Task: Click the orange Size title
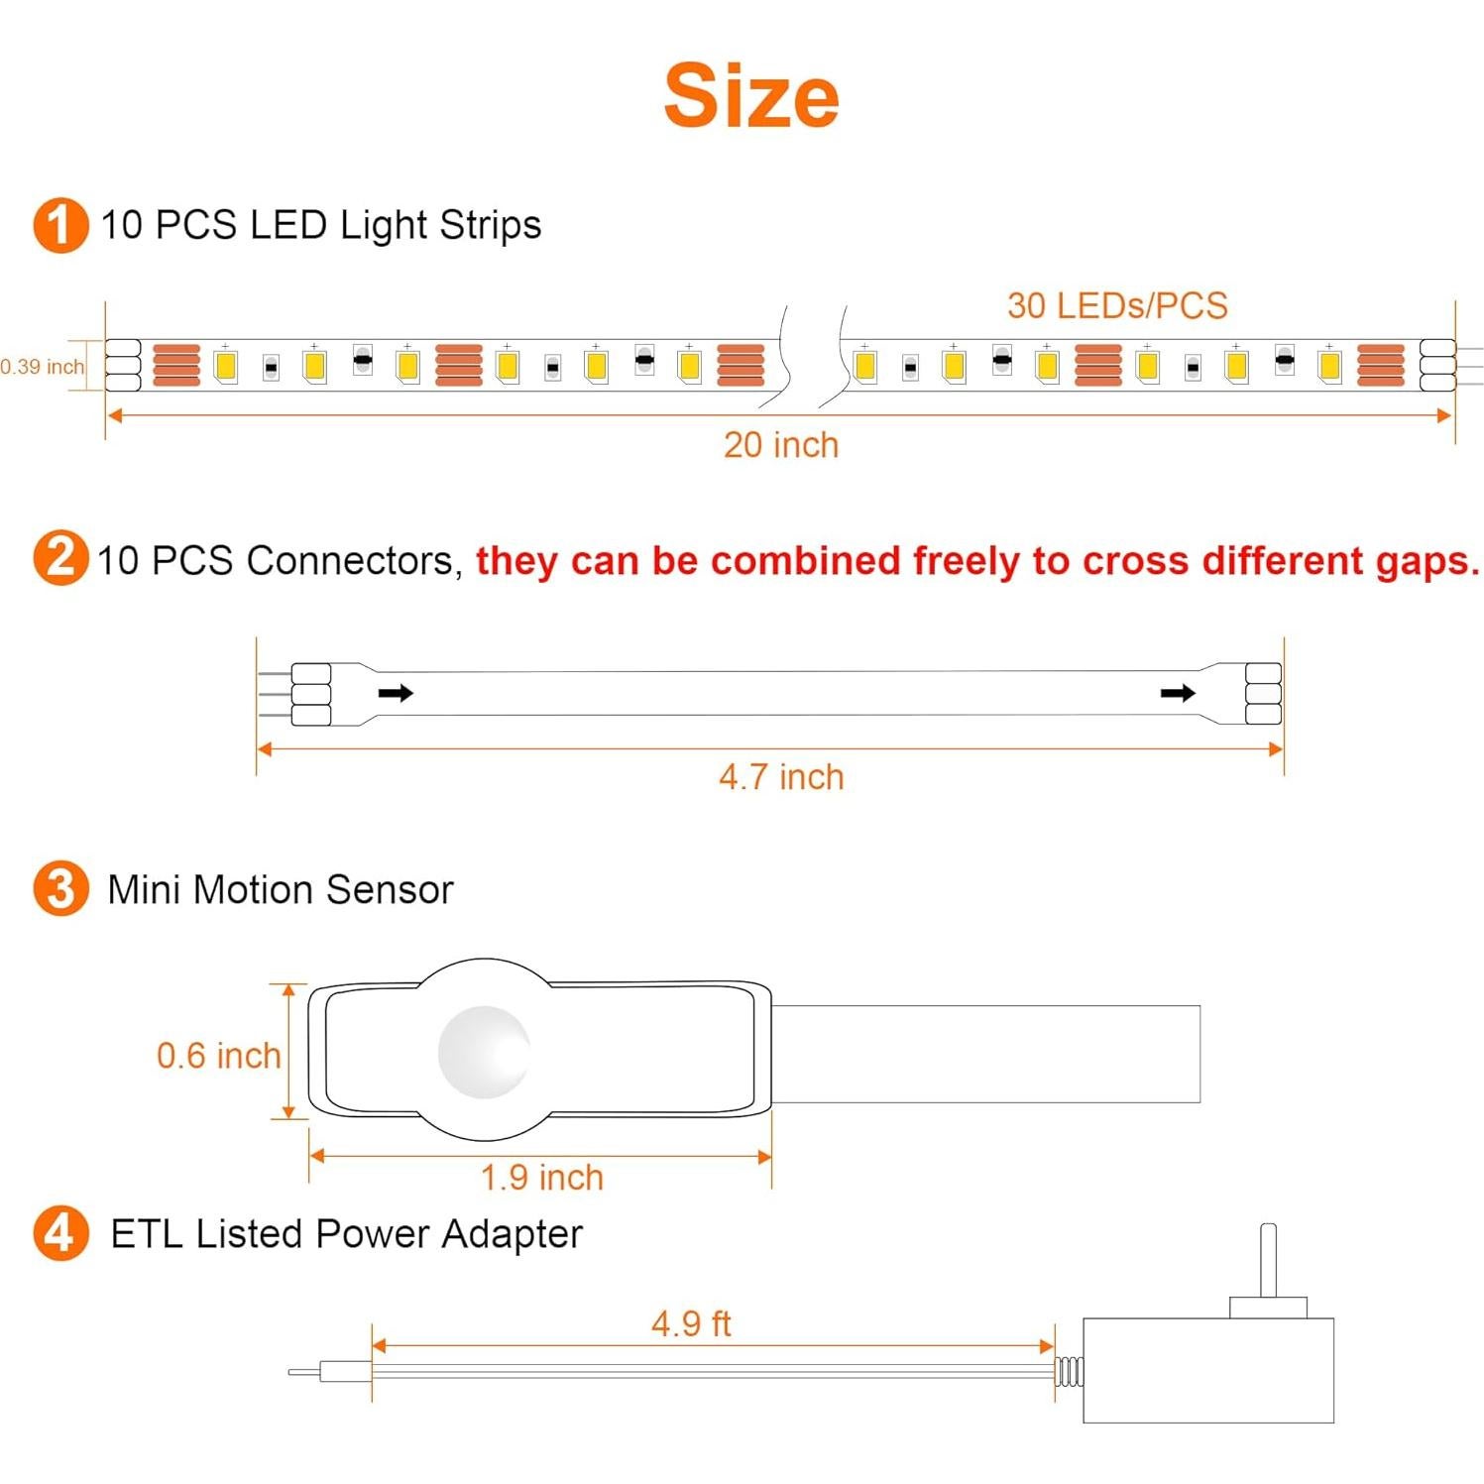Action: [x=751, y=96]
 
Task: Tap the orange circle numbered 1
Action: [x=60, y=225]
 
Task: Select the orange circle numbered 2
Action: [x=60, y=558]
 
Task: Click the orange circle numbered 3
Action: [x=60, y=888]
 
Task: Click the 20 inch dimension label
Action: [x=781, y=445]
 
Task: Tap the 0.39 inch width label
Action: [x=43, y=367]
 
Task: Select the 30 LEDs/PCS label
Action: [x=1117, y=305]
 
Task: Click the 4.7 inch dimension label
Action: [x=781, y=777]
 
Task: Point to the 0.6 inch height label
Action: [x=219, y=1056]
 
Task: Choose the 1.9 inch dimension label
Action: [x=542, y=1178]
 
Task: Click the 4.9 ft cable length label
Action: [x=691, y=1323]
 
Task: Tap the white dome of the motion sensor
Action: [x=485, y=1052]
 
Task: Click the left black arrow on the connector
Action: [x=396, y=692]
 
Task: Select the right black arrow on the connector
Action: [x=1178, y=692]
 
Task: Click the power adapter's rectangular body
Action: [x=1208, y=1370]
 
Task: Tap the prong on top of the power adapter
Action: [x=1268, y=1260]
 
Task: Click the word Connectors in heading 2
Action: [x=352, y=560]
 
